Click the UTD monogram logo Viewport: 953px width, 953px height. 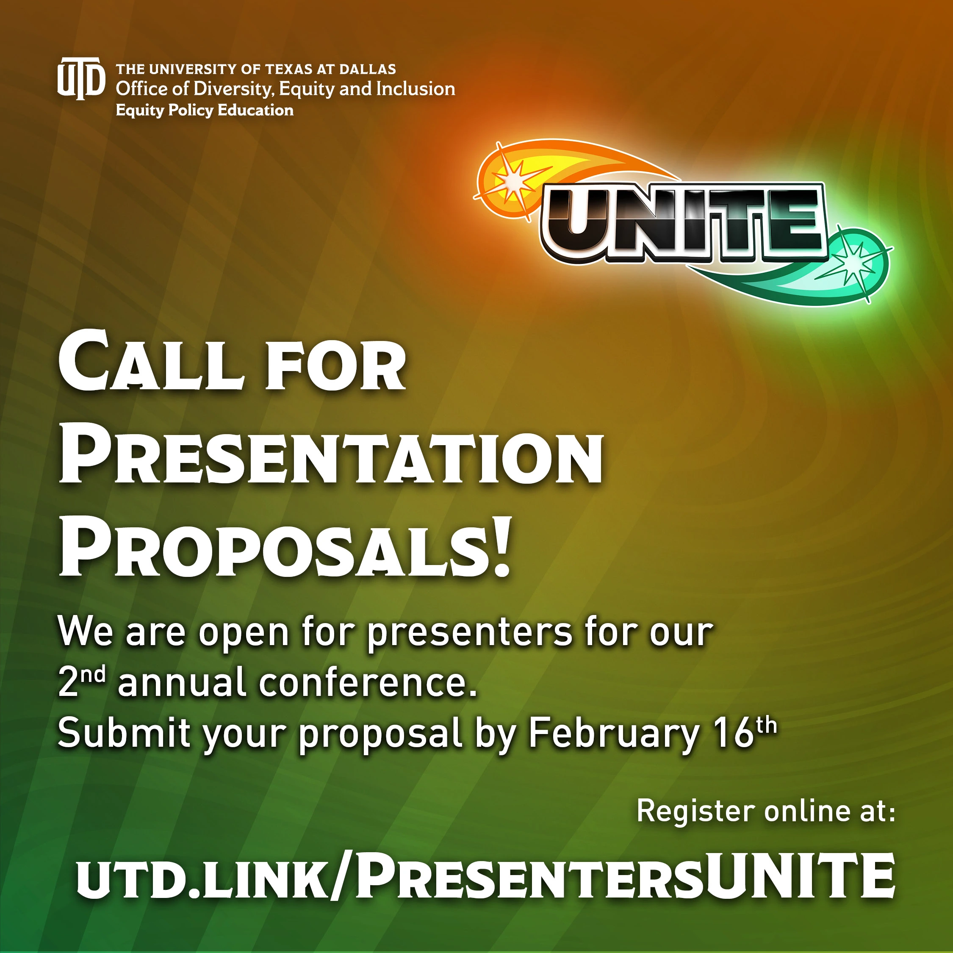[x=81, y=78]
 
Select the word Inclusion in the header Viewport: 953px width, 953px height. [x=416, y=89]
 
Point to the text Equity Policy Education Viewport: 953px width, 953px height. [x=205, y=110]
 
